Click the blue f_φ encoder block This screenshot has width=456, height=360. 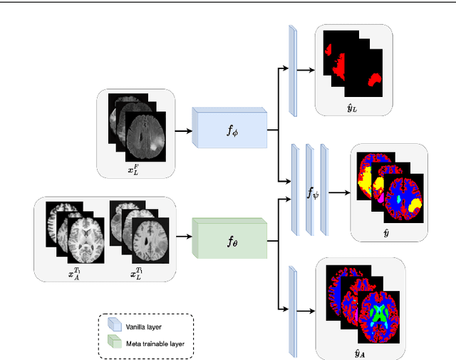pos(228,130)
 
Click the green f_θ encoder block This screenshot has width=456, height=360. pos(228,242)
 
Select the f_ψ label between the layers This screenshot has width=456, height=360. pos(313,192)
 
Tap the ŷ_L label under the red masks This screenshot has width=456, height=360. pos(353,107)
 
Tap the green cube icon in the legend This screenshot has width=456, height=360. pos(112,343)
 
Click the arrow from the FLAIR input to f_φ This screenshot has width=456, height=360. pos(181,130)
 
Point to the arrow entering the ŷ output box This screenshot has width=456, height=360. pos(341,192)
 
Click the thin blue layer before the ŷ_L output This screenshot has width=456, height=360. pos(292,70)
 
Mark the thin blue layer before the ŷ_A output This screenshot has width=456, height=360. pos(292,312)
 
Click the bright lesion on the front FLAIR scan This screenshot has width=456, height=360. pos(153,148)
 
